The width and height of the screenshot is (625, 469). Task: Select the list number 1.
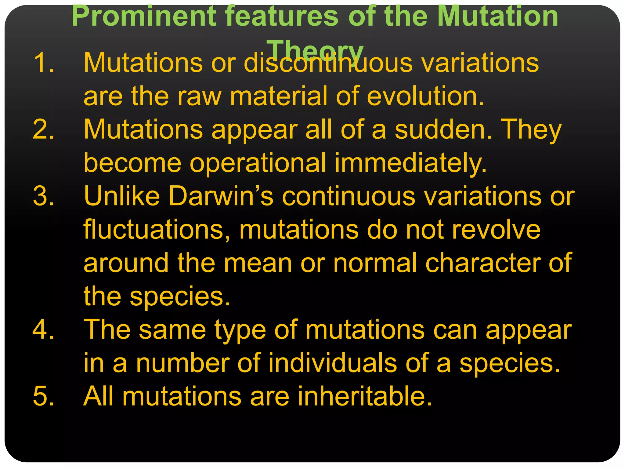pos(44,62)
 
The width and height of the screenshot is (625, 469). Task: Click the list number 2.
pos(44,129)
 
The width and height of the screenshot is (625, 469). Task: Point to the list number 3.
pos(44,196)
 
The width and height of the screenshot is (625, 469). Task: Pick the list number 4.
pos(44,330)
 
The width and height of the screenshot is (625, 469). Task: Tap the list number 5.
pos(44,396)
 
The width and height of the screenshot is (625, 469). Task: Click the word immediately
pos(410,163)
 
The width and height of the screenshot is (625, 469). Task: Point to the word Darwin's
pos(221,196)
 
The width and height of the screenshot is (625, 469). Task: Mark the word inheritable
pos(365,396)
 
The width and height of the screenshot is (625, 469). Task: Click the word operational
pos(258,163)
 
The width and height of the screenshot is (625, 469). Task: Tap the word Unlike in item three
pos(122,196)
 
